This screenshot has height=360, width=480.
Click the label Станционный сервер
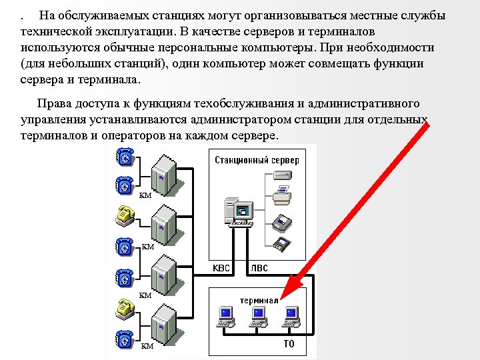click(257, 160)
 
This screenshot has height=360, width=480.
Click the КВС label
click(221, 268)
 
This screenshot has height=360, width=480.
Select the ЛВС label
click(260, 268)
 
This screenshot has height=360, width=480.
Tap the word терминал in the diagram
click(259, 300)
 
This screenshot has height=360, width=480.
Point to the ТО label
click(289, 344)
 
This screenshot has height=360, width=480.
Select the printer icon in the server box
click(283, 195)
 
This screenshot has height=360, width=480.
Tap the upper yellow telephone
click(124, 214)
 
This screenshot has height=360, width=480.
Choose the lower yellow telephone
click(124, 307)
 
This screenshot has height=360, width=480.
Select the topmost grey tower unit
click(164, 175)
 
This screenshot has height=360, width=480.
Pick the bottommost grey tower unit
click(164, 326)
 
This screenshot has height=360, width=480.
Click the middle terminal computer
click(257, 317)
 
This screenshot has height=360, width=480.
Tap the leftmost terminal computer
click(225, 317)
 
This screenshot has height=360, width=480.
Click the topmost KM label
click(145, 195)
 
